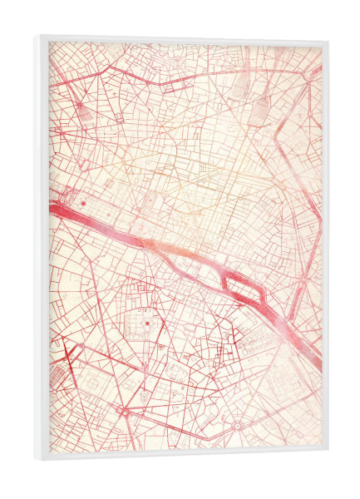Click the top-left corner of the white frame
[x=36, y=36]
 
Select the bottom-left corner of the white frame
[x=36, y=460]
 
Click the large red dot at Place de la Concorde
[x=83, y=202]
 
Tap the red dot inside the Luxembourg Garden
[x=147, y=323]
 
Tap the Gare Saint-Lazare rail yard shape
[x=89, y=112]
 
